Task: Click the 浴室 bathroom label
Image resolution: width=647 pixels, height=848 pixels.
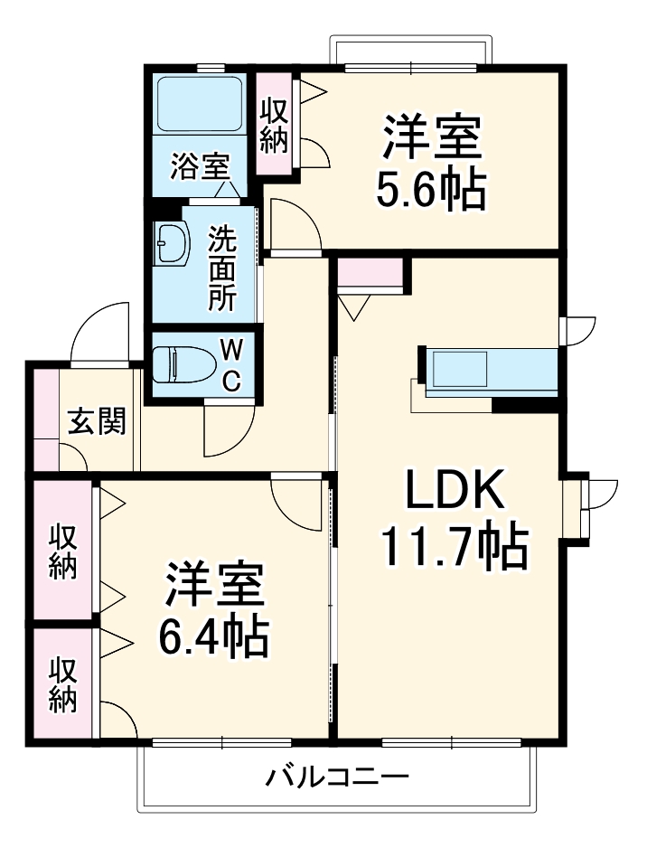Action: (200, 165)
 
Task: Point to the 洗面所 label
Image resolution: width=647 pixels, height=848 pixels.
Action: (221, 269)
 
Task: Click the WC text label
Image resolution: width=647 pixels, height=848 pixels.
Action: (232, 364)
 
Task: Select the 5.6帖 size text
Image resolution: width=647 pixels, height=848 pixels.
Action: (431, 189)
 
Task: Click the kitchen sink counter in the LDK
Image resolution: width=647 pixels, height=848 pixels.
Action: (488, 371)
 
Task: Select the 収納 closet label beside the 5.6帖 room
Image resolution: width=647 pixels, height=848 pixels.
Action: (275, 124)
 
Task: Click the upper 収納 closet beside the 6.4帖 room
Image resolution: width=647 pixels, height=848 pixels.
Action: (62, 551)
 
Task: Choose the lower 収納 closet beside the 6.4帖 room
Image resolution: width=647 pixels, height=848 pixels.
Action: (62, 685)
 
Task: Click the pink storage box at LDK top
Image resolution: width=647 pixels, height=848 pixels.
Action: (370, 273)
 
